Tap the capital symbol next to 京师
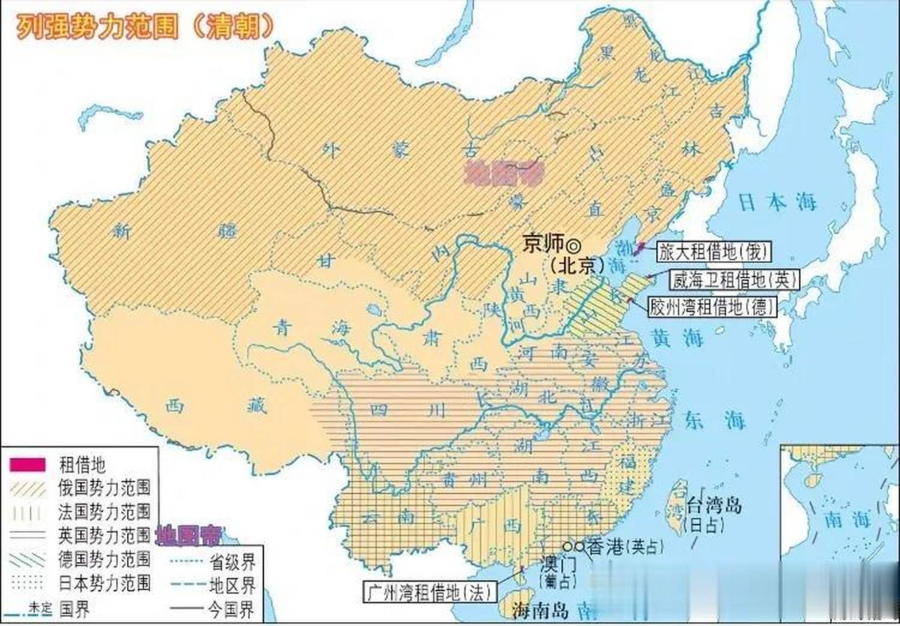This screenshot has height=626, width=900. point(573,243)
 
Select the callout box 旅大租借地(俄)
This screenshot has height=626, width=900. point(713,252)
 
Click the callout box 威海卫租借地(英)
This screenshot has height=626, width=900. point(735,280)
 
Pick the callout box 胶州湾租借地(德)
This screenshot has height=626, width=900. point(713,307)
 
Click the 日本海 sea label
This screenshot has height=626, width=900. point(778,202)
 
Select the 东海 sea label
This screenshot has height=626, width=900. point(715,420)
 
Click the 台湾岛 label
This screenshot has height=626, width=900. point(715,505)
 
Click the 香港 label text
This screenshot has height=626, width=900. point(607,547)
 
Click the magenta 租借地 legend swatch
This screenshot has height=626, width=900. point(27,465)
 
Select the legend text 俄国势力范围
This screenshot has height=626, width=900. point(104,488)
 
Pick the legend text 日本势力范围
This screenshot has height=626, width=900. point(104,583)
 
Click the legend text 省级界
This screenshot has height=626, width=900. point(232,562)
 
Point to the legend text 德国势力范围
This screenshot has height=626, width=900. point(104,559)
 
